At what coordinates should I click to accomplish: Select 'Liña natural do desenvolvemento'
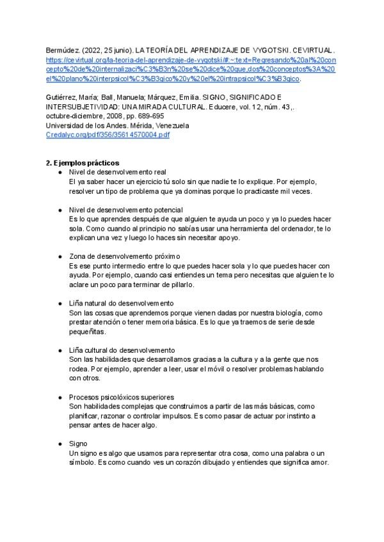[122, 303]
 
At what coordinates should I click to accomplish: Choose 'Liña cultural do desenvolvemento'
[122, 350]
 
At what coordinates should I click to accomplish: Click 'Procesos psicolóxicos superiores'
[122, 397]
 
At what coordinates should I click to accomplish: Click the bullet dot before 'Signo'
[60, 443]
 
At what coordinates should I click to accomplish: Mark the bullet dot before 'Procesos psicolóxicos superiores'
[60, 397]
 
